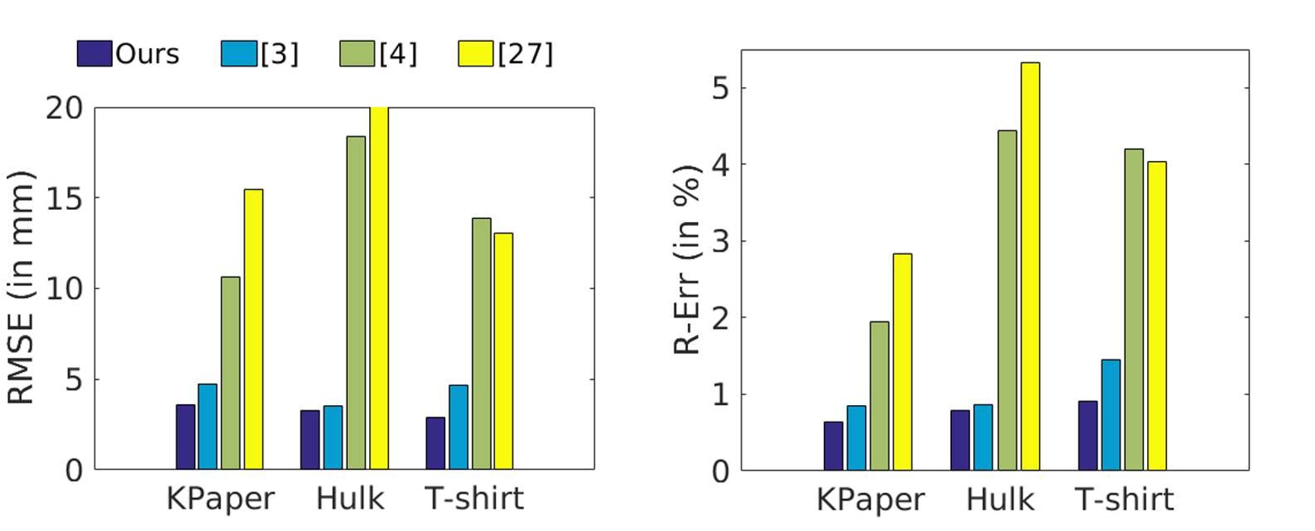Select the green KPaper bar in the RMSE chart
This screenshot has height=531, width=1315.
point(230,373)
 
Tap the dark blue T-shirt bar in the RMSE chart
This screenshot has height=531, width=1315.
point(436,443)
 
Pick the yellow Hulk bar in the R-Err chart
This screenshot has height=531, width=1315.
point(1030,266)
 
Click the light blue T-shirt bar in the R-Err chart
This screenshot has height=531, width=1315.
point(1111,415)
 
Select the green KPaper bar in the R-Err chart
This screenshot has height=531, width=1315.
point(879,396)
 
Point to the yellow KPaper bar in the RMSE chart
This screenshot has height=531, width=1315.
point(253,329)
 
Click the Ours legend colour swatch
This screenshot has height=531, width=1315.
point(94,53)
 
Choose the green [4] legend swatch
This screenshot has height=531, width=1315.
point(357,53)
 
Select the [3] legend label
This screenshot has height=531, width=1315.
point(279,53)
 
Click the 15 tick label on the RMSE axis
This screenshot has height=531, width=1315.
point(64,198)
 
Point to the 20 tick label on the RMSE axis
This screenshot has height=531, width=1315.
point(64,108)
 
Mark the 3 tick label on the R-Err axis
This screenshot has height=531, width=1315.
point(719,241)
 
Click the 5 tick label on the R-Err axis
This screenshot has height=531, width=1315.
point(719,88)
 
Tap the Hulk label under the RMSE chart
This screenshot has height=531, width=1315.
point(350,499)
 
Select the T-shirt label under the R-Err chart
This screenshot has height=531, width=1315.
point(1124,500)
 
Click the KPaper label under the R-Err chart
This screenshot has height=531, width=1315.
point(870,500)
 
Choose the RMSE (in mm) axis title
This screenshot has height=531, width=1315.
point(21,287)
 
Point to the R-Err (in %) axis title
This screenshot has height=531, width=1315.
point(687,259)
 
